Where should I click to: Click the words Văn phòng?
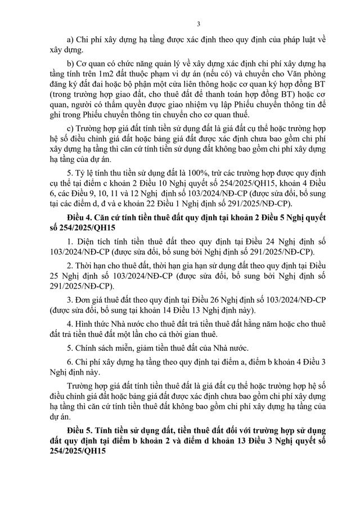click(309, 73)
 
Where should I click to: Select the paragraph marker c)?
click(70, 125)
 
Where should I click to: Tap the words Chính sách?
click(92, 348)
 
